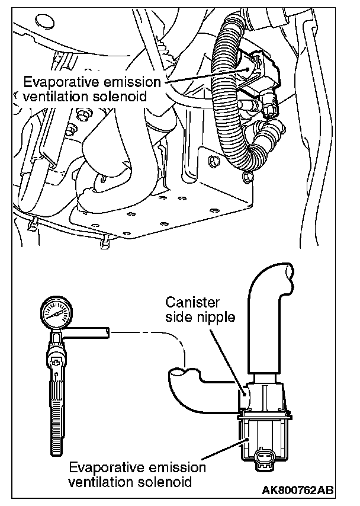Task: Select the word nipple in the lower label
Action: coord(219,318)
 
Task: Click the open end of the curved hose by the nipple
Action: coord(181,374)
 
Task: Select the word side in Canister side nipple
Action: coord(190,318)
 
